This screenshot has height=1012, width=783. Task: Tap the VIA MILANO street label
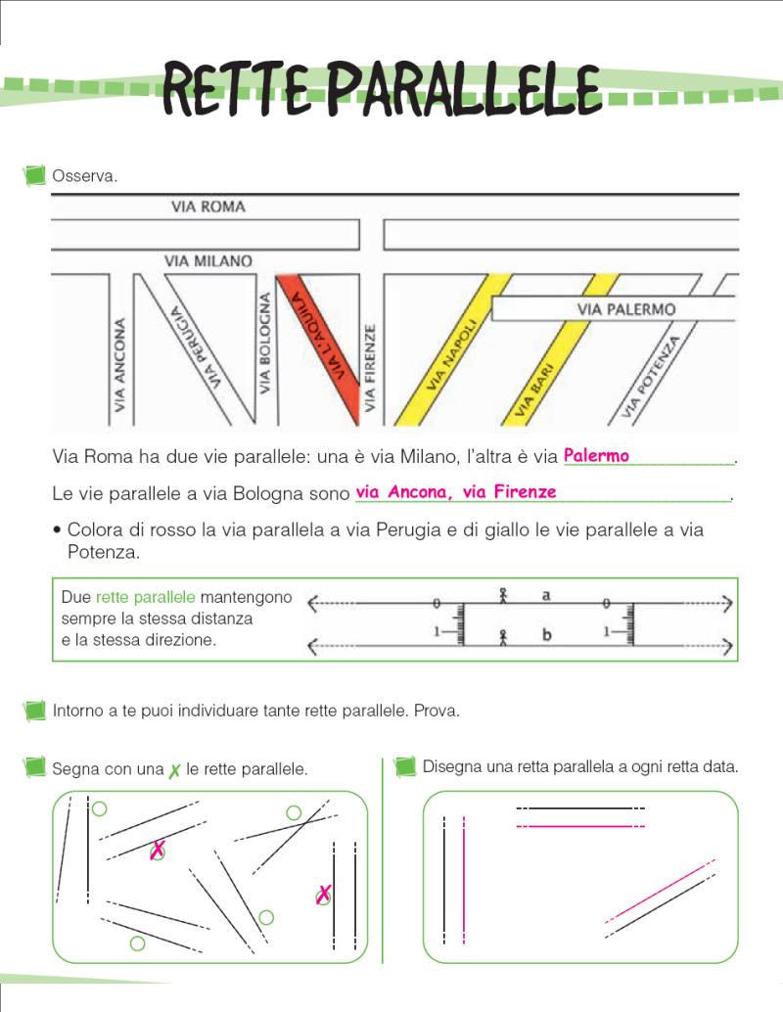208,261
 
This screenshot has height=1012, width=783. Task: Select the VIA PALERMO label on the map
627,309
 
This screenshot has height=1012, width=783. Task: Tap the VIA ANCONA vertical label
120,363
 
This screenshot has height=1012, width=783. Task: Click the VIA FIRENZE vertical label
370,368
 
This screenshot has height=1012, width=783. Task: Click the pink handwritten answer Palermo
596,455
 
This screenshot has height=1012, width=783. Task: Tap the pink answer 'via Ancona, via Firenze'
456,491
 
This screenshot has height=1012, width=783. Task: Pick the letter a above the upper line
547,594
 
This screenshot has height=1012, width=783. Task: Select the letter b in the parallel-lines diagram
546,635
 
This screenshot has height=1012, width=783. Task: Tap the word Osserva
85,177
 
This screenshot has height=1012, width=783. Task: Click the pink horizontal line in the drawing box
580,826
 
